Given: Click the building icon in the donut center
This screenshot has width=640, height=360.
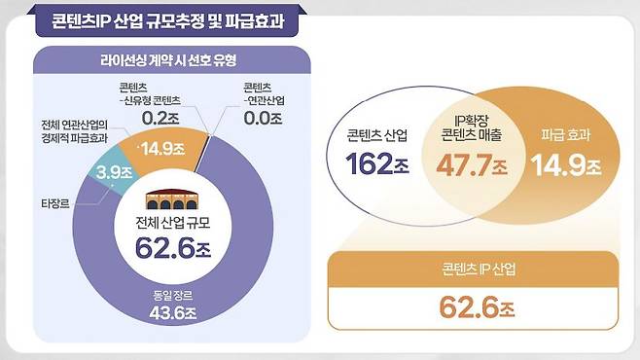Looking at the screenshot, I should click(172, 198).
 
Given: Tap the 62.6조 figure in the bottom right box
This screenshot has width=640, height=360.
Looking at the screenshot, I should click(475, 308).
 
